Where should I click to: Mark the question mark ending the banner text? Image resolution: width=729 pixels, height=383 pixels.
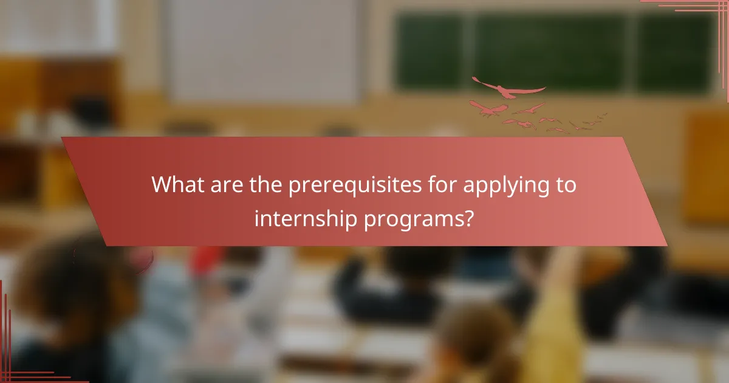[x=468, y=218]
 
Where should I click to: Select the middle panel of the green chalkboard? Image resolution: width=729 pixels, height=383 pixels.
[x=550, y=52]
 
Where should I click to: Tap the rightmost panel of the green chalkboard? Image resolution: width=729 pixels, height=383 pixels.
[x=674, y=52]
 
